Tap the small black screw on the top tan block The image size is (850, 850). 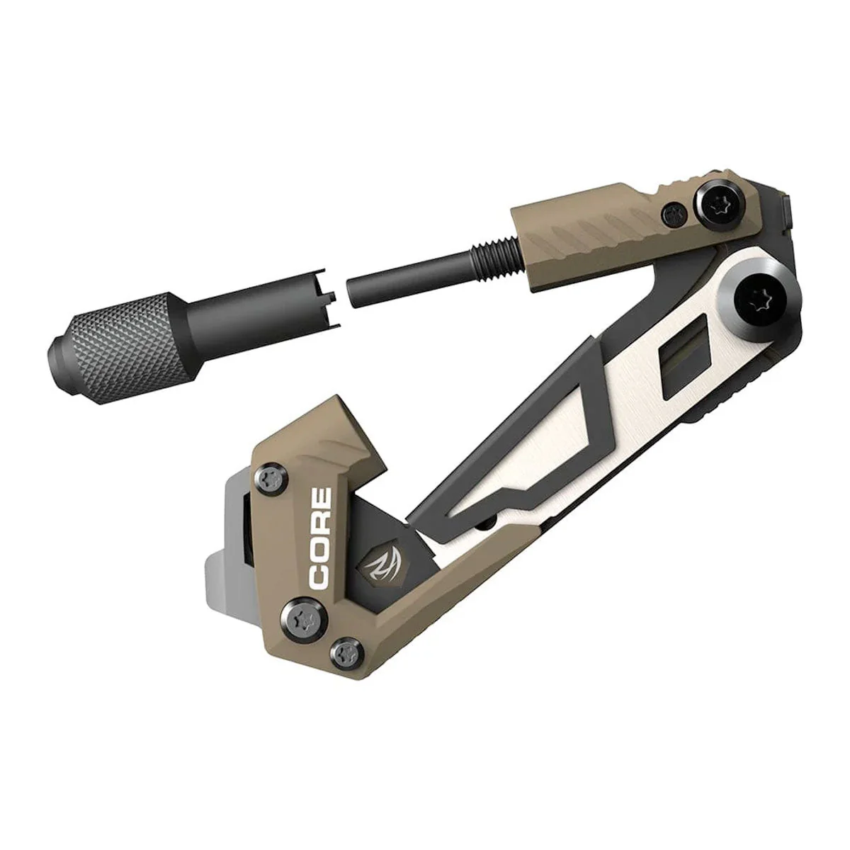click(674, 215)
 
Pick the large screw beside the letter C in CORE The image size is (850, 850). click(304, 615)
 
